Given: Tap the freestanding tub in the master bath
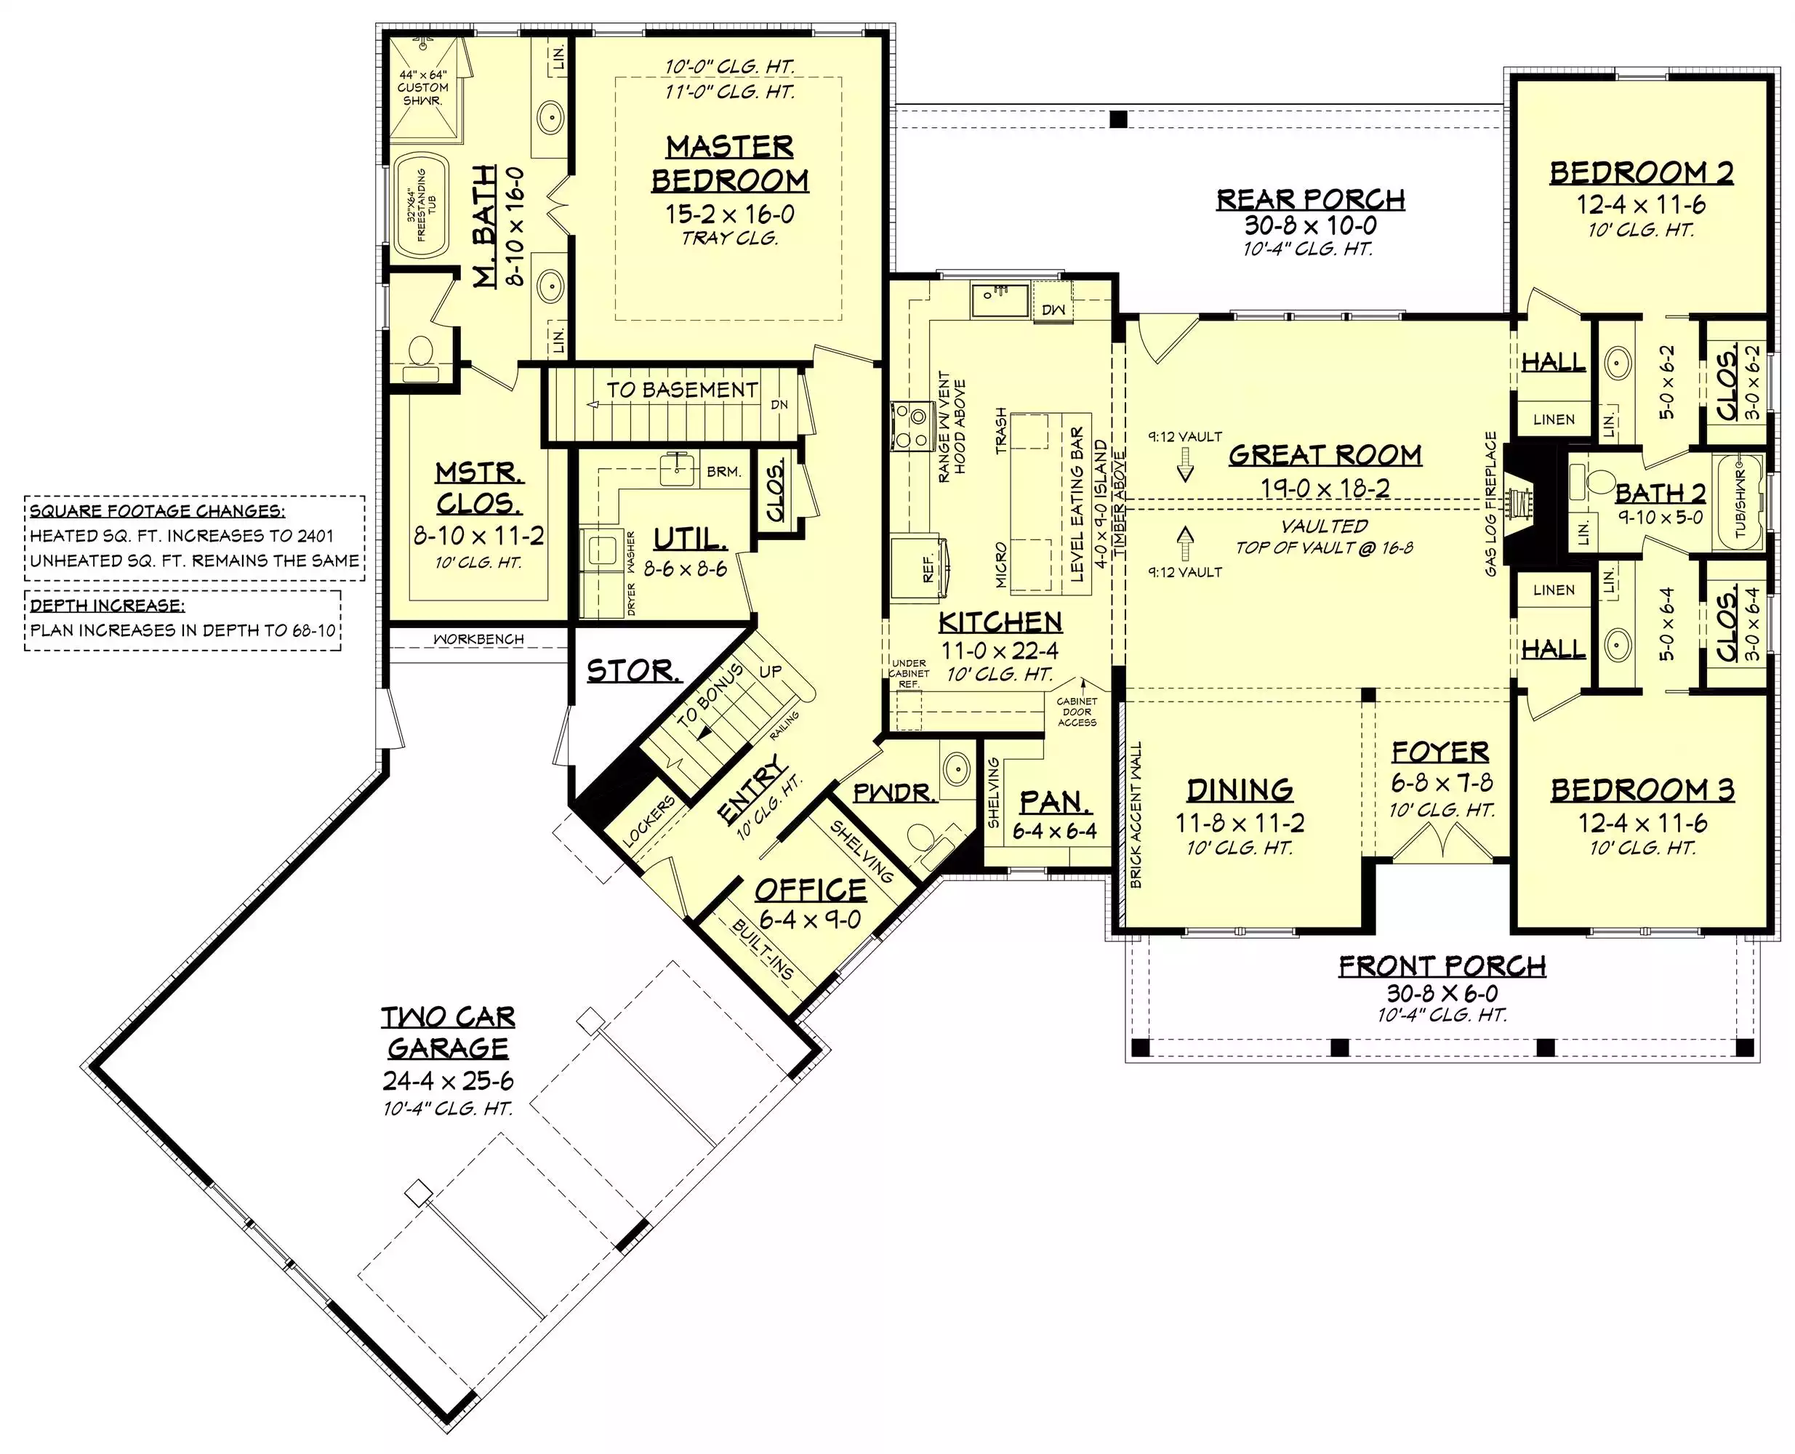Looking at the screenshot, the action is [422, 205].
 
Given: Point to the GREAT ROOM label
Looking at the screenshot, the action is [1325, 455].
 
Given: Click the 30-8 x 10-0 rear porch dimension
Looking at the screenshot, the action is [1310, 225].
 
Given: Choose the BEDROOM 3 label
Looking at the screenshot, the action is [1642, 790].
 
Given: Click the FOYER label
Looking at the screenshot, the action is [1441, 752].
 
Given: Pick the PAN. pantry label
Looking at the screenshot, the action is [1056, 803].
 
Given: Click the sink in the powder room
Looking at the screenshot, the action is [955, 766].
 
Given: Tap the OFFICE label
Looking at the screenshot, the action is [811, 890].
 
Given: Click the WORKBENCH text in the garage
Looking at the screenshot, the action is [478, 639].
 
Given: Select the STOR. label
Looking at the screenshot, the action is [633, 670].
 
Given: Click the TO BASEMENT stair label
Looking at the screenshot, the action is [682, 390].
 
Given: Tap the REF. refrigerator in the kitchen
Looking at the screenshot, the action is [919, 569].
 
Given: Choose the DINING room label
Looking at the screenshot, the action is [1240, 790].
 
